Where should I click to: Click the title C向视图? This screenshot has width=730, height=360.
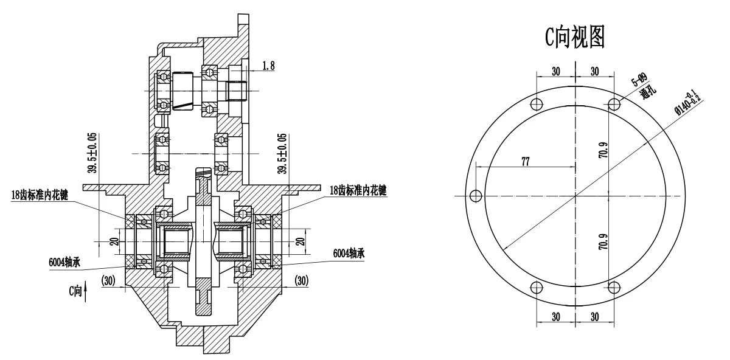pyautogui.click(x=574, y=38)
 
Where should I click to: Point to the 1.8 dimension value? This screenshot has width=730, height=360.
pyautogui.click(x=268, y=66)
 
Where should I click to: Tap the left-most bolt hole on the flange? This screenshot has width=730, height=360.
pyautogui.click(x=476, y=196)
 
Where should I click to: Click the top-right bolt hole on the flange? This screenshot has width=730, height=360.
pyautogui.click(x=614, y=105)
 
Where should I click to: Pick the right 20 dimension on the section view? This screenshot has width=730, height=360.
pyautogui.click(x=299, y=241)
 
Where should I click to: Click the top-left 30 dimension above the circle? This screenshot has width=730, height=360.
pyautogui.click(x=555, y=71)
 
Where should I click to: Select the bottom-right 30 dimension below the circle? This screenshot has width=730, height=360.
pyautogui.click(x=594, y=317)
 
